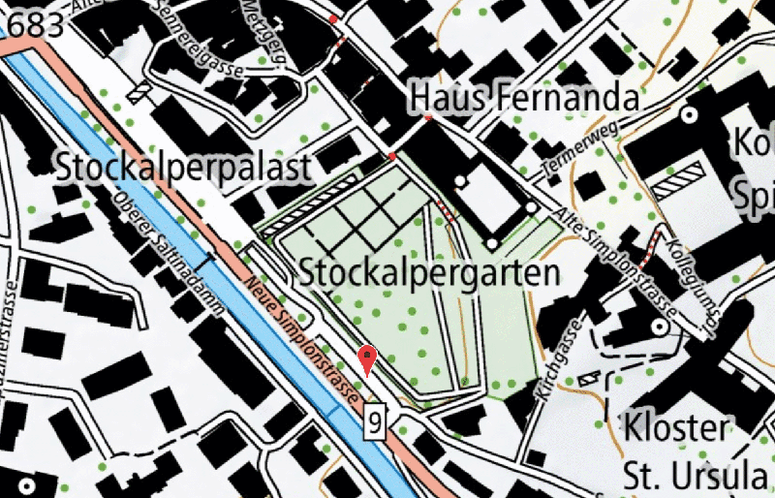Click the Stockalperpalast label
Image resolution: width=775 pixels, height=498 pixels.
[184, 167]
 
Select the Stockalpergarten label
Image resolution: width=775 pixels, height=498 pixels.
[430, 272]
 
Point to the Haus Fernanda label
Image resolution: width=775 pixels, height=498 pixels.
[525, 98]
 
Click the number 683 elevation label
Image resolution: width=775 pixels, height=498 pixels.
[32, 24]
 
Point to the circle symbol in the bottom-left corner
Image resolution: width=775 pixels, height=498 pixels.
[21, 483]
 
